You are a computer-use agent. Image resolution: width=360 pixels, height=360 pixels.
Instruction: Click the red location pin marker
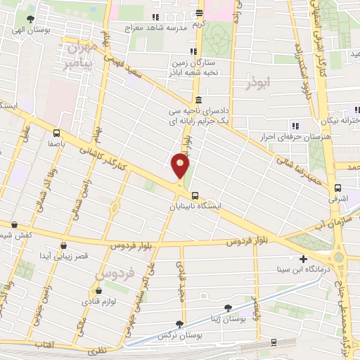point(181,166)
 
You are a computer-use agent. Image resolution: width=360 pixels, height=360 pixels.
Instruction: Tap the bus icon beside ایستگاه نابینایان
point(195,196)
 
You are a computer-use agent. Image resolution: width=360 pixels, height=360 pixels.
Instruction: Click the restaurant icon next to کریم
point(200,13)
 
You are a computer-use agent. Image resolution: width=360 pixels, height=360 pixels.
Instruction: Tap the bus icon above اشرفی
point(339,188)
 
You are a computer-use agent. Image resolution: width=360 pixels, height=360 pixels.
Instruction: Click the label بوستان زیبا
point(226,319)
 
